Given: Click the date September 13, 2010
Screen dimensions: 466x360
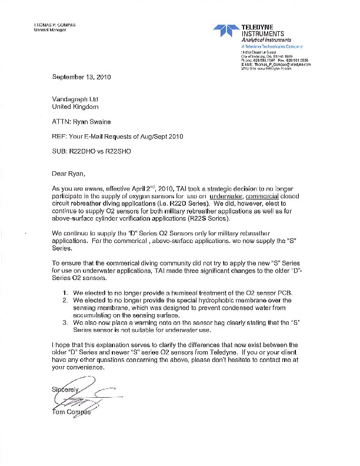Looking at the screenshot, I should pyautogui.click(x=82, y=77).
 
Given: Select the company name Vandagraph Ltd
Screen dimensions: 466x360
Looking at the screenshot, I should pyautogui.click(x=74, y=99).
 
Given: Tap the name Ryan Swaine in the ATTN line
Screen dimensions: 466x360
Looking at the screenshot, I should pyautogui.click(x=94, y=122).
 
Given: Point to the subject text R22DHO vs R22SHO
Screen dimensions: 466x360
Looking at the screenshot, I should pyautogui.click(x=101, y=152).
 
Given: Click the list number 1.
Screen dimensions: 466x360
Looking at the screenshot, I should pyautogui.click(x=65, y=292).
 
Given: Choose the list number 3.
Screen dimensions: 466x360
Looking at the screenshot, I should pyautogui.click(x=65, y=322).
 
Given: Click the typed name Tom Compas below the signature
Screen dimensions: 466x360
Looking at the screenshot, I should pyautogui.click(x=69, y=411).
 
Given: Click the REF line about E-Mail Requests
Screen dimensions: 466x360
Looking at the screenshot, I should pyautogui.click(x=118, y=137).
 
